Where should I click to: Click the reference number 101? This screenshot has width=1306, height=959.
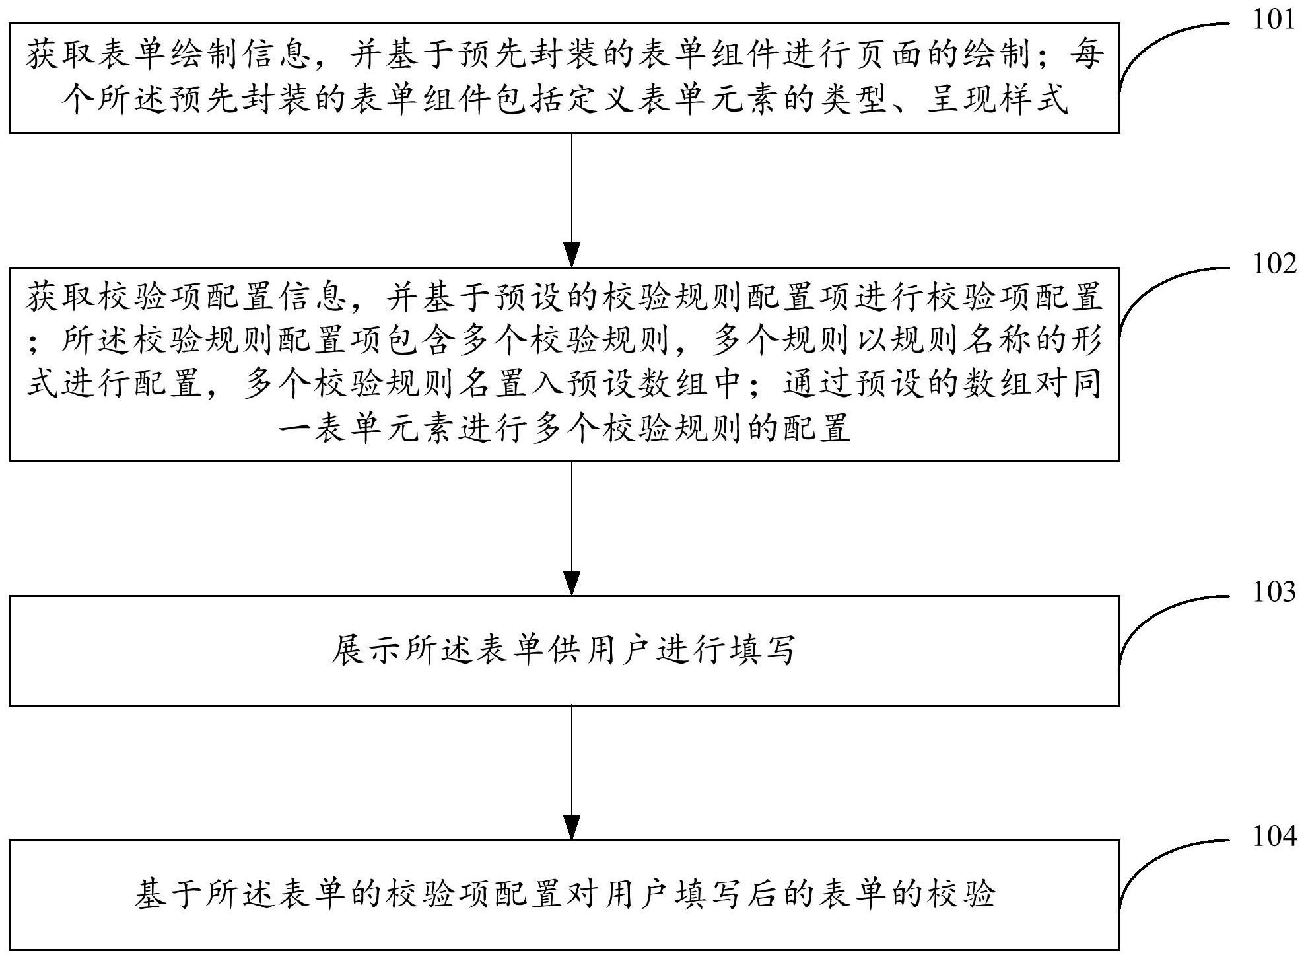click(1274, 20)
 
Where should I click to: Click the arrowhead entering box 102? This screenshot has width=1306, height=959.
click(571, 255)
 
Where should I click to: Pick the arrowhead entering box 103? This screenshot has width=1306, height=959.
click(571, 583)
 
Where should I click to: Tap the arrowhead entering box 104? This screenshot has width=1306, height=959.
click(571, 828)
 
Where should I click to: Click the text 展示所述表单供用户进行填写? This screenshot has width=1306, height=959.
click(564, 651)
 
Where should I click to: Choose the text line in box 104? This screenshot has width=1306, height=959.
click(564, 895)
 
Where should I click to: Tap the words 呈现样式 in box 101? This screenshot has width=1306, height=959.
click(997, 100)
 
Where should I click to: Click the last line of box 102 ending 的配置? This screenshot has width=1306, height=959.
click(564, 429)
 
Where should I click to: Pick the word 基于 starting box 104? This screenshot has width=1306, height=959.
click(168, 895)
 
